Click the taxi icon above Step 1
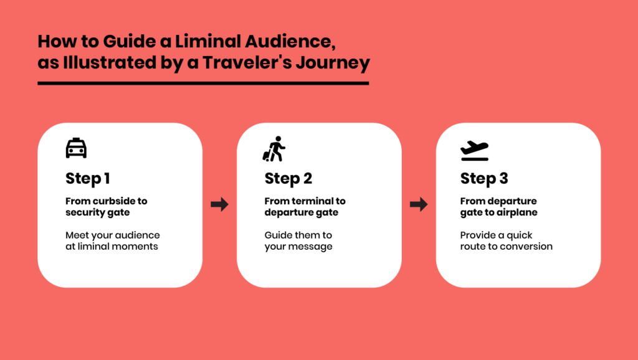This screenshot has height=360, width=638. (x=76, y=148)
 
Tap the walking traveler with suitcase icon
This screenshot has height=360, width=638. (x=274, y=149)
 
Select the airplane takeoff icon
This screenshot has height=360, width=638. (x=474, y=151)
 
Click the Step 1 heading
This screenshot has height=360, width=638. (x=87, y=179)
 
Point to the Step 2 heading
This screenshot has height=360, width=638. (x=288, y=179)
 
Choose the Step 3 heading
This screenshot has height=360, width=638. (x=484, y=179)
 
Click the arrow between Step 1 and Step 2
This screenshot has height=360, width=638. (x=220, y=204)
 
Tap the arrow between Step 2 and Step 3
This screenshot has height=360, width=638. (x=419, y=204)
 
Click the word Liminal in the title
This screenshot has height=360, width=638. (x=208, y=42)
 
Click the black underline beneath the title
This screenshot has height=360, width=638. (x=203, y=83)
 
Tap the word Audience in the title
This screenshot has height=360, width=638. (x=290, y=42)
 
